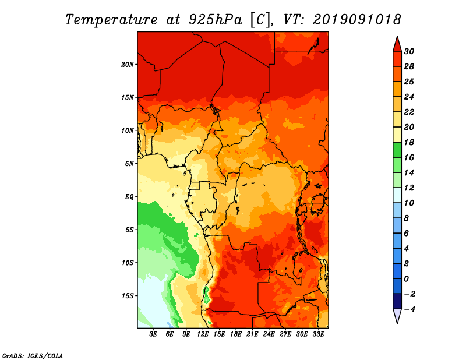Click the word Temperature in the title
click(x=111, y=20)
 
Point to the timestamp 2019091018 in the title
click(x=356, y=20)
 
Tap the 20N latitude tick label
click(x=128, y=65)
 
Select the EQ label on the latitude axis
click(x=129, y=197)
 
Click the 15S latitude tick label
click(x=128, y=296)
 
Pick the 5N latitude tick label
click(x=129, y=164)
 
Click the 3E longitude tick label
click(x=153, y=334)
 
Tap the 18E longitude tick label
click(x=236, y=334)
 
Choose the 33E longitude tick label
click(x=318, y=334)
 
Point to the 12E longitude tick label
click(x=203, y=334)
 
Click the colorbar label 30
click(x=409, y=51)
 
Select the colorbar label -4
click(x=409, y=309)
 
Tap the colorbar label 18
click(x=409, y=142)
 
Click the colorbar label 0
click(x=407, y=279)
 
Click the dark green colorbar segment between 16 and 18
click(x=397, y=150)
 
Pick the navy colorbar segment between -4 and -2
click(x=397, y=301)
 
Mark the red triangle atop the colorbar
click(x=397, y=45)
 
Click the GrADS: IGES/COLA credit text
click(x=33, y=356)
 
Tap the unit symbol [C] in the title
click(x=260, y=20)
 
